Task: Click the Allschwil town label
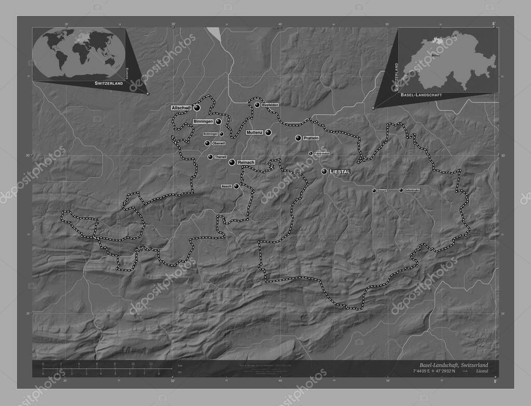click(x=181, y=108)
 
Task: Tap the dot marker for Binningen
click(x=219, y=121)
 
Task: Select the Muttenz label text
click(x=255, y=133)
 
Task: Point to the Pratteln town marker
click(x=298, y=138)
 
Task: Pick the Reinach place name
click(x=246, y=163)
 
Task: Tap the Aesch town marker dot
click(x=236, y=186)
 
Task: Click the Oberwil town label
click(x=218, y=143)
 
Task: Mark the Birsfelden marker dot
click(x=257, y=105)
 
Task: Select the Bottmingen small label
click(x=210, y=134)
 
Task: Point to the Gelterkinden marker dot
click(x=401, y=190)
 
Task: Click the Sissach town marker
click(x=375, y=191)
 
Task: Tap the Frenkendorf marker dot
click(x=311, y=153)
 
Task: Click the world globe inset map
click(x=78, y=53)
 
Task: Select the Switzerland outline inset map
click(x=449, y=61)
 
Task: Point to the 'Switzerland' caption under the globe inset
click(x=109, y=83)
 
